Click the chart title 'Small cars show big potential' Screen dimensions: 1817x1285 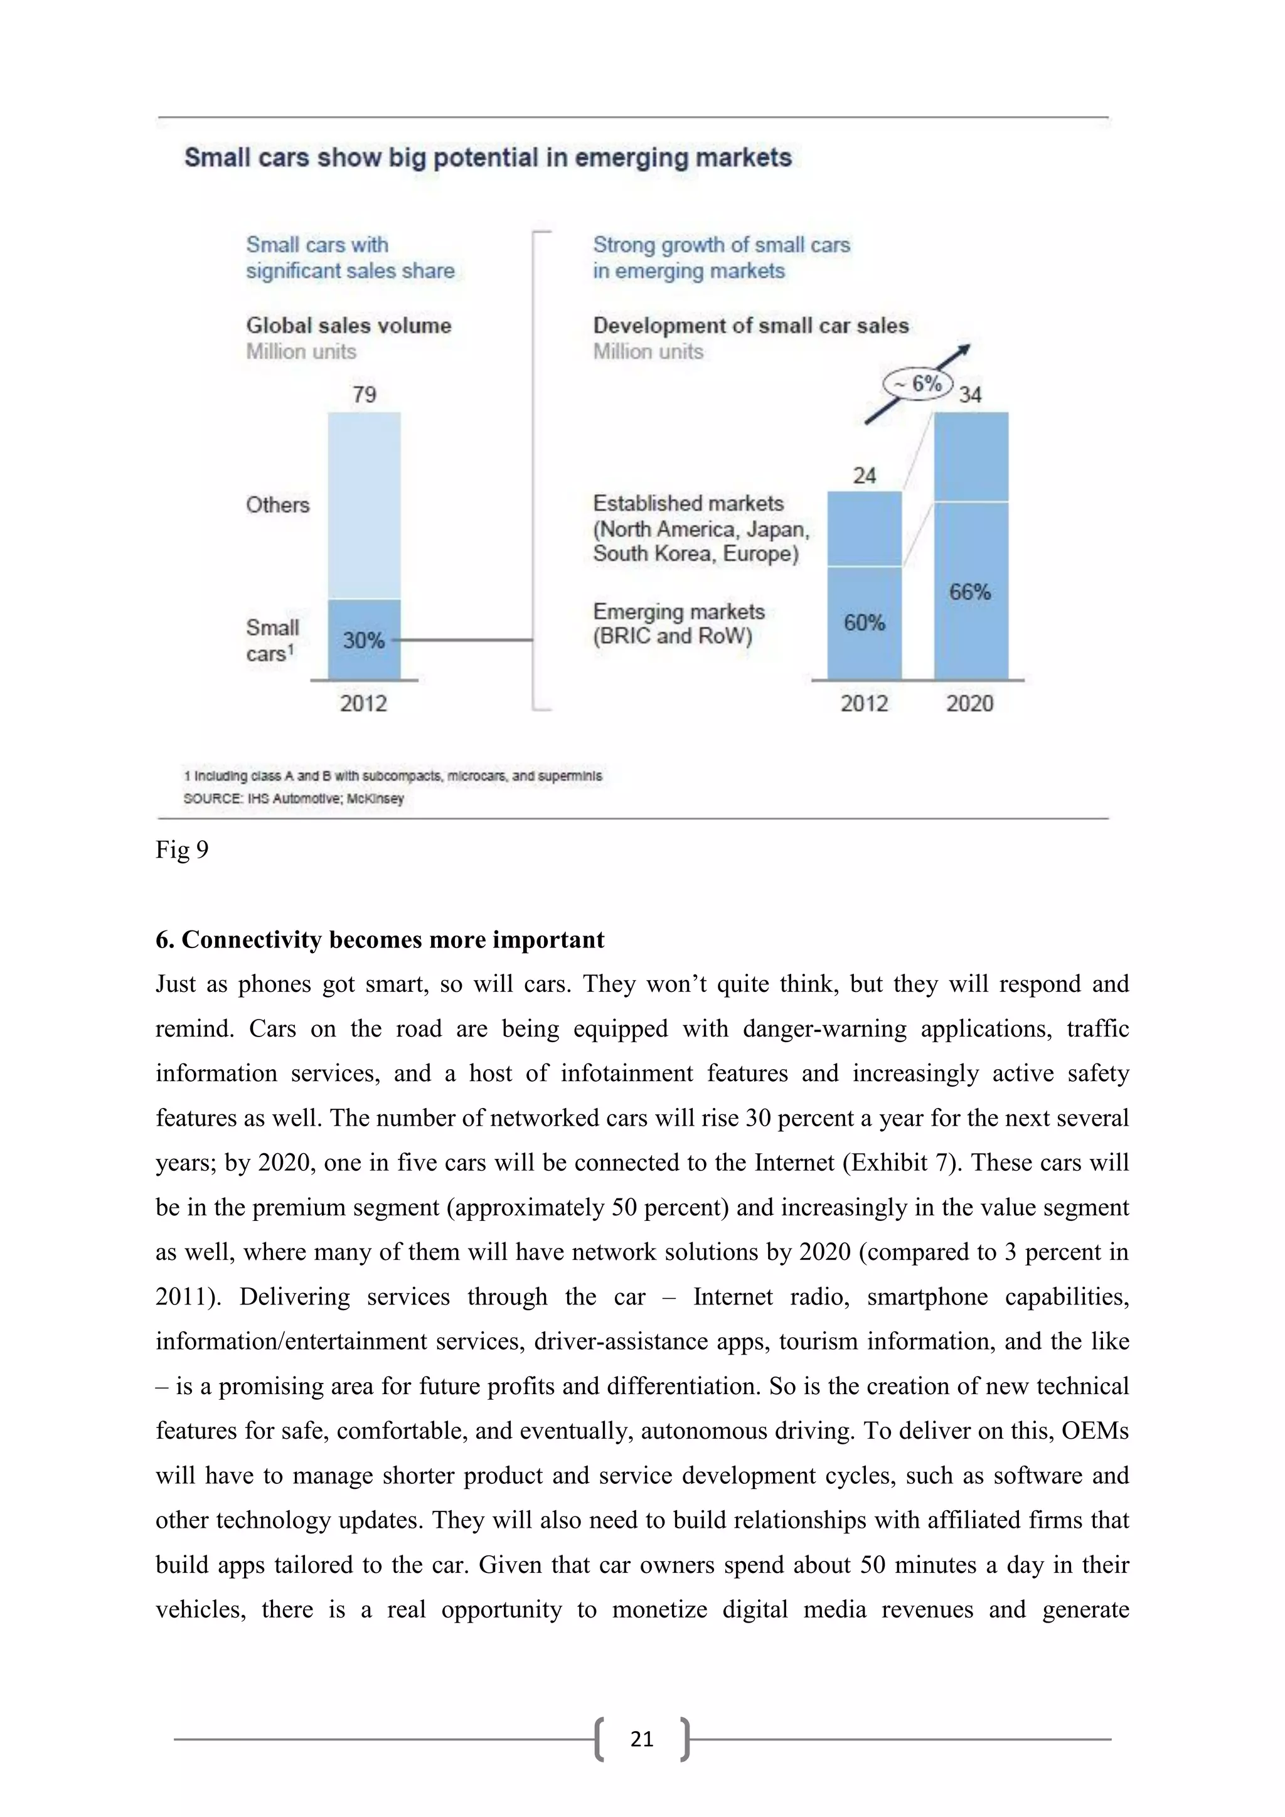point(488,157)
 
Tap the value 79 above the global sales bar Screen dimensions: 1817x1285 point(364,394)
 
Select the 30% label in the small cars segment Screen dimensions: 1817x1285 point(363,639)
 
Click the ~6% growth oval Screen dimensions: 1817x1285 point(919,385)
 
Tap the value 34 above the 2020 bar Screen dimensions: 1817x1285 point(970,394)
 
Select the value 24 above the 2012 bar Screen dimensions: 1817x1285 point(864,476)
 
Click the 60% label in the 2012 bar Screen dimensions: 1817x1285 point(864,623)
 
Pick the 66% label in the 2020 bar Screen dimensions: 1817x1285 point(970,592)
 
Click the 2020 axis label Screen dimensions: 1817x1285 point(970,703)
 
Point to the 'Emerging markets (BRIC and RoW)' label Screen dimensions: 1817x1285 point(678,624)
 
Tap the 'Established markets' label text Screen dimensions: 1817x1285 point(688,503)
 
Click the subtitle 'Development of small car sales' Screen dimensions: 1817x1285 point(750,325)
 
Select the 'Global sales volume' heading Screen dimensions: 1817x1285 point(348,325)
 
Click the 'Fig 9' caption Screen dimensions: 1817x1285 point(182,850)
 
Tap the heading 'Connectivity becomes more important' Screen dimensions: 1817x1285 point(380,939)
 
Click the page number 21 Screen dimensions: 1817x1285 point(642,1739)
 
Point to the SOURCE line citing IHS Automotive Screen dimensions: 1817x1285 point(294,799)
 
